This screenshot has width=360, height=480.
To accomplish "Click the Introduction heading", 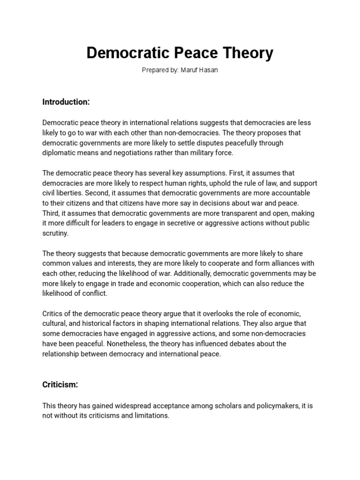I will (66, 102).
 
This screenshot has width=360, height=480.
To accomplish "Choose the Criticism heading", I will (60, 384).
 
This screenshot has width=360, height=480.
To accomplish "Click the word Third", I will (51, 213).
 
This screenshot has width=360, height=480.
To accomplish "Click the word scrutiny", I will (55, 233).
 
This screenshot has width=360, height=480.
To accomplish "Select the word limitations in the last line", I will (150, 416).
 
